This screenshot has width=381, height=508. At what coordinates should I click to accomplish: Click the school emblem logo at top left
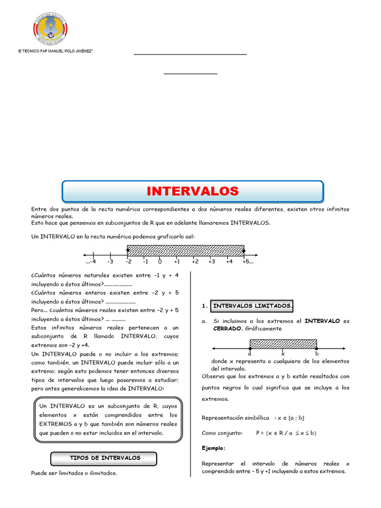point(50,28)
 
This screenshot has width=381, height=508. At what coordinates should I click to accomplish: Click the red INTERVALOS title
point(192,191)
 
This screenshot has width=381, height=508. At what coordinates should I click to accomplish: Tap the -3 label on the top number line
point(110,261)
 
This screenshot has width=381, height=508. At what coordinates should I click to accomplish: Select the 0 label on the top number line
point(160,261)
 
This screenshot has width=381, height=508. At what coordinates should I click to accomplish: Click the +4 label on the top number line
point(229,261)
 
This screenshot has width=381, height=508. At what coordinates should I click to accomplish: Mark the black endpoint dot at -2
point(127,251)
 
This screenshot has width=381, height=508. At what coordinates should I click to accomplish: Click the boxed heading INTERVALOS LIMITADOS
point(253,306)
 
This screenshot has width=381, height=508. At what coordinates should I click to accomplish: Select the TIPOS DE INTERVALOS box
point(105,458)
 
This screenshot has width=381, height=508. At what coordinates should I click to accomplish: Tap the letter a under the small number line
point(250,354)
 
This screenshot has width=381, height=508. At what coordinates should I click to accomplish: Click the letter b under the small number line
point(317,354)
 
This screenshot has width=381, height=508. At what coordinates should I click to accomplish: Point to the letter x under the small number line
point(283,354)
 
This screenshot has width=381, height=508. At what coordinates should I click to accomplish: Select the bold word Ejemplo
point(213,448)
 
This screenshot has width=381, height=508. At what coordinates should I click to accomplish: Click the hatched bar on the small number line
point(283,343)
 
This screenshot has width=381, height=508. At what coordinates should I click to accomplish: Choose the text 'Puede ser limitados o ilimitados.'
point(74,473)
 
